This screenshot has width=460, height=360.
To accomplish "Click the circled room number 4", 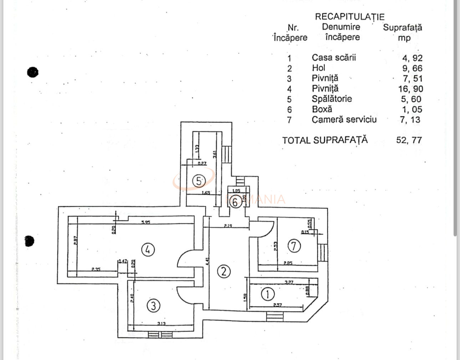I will (148, 249).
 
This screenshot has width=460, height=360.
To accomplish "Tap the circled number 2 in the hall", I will (224, 272).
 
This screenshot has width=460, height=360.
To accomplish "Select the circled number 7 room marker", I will (294, 245).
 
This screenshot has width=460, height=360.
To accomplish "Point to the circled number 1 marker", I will (268, 294).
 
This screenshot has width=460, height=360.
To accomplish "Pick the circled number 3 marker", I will (153, 305).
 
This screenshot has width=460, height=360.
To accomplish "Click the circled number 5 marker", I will (199, 181).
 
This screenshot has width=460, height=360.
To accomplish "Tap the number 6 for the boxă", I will (235, 202).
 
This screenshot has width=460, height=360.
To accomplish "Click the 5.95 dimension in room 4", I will (145, 222).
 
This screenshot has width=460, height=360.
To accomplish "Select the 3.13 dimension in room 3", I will (161, 324).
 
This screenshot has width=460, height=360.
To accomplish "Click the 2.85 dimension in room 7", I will (288, 263).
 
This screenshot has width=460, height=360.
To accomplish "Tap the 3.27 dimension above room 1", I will (289, 282).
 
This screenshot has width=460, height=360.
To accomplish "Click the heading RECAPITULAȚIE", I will (349, 17).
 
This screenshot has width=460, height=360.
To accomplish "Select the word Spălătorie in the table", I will (332, 99).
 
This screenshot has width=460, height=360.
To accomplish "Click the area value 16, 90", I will (410, 89).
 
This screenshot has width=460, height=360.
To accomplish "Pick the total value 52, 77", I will (409, 140).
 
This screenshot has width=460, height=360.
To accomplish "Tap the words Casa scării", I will (334, 57).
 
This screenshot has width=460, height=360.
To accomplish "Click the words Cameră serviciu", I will (344, 120).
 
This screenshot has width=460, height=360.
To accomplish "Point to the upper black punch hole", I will (33, 72).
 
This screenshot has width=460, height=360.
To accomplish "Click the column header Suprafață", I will (403, 27).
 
